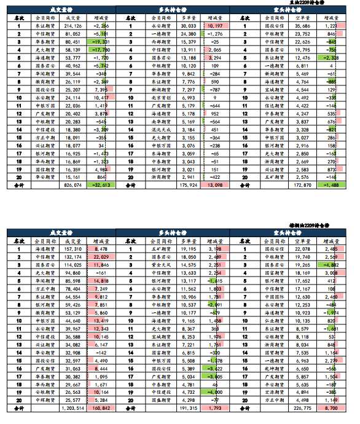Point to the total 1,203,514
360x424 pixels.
click(71, 407)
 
